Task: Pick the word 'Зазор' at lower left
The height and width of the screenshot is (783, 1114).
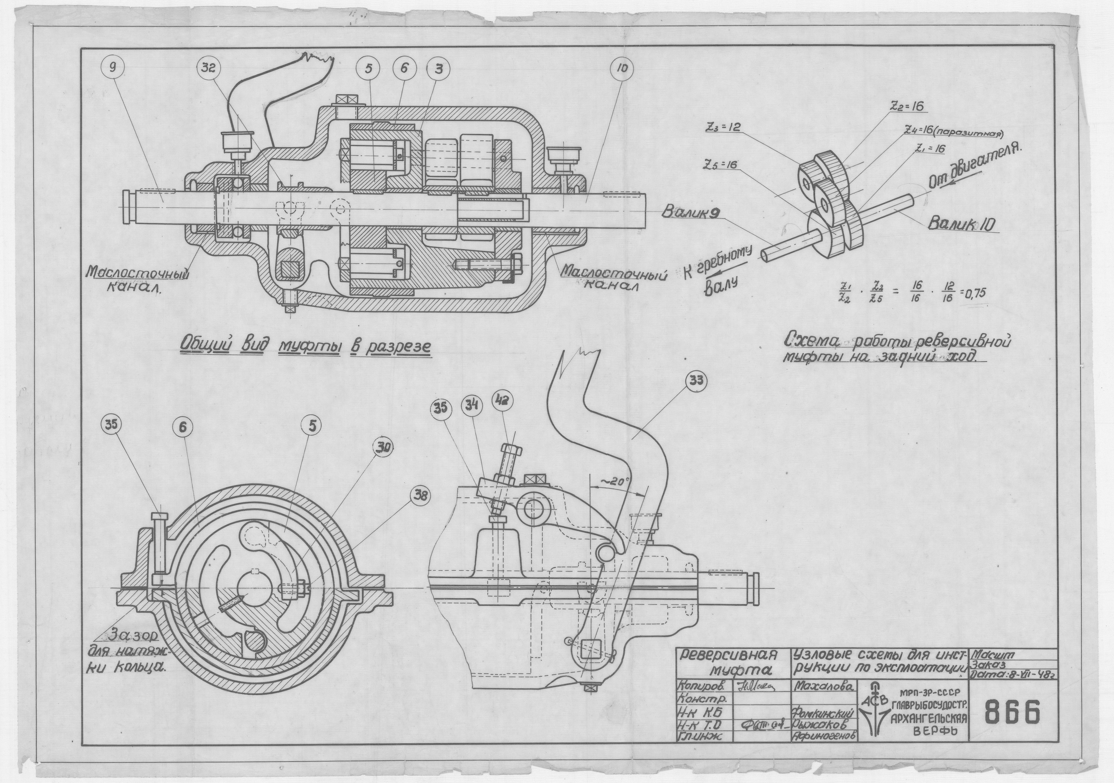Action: tap(126, 635)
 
